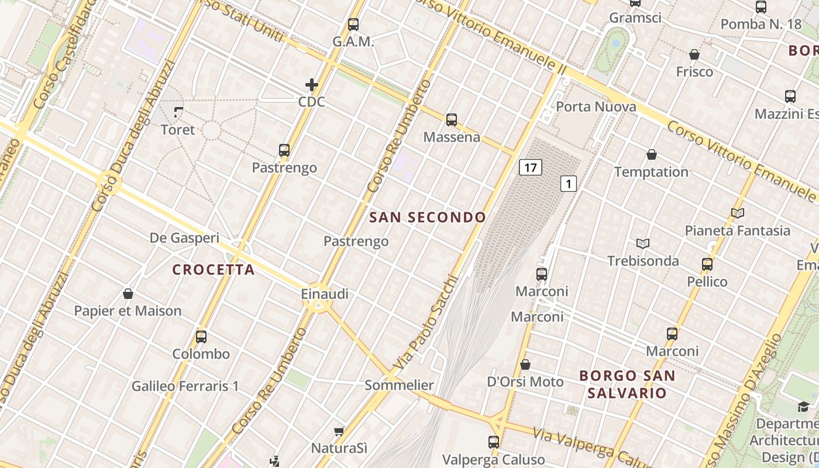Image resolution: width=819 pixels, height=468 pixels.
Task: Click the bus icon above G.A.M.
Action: tap(353, 25)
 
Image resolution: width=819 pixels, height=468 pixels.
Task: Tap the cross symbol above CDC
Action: tap(312, 85)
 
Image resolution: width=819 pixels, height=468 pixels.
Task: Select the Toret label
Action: tap(177, 129)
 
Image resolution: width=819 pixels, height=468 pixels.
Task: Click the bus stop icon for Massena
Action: tap(451, 120)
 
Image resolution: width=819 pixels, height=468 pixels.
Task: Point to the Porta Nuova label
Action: tap(596, 106)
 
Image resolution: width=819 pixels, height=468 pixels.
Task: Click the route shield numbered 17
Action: tap(530, 168)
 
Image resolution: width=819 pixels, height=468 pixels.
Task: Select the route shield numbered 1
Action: tap(569, 184)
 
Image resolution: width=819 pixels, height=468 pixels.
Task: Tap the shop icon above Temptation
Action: tap(652, 154)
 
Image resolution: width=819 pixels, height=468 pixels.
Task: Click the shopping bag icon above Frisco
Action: tap(694, 54)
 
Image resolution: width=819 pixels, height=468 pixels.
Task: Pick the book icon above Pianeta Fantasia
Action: tap(738, 214)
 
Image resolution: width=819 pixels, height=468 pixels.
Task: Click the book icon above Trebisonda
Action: tap(643, 243)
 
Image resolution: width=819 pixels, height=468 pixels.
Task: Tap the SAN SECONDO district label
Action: tap(428, 218)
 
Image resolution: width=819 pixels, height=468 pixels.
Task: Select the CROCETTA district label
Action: tap(214, 270)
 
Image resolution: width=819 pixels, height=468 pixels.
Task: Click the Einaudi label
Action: tap(325, 294)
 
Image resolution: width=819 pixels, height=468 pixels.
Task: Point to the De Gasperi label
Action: tap(184, 238)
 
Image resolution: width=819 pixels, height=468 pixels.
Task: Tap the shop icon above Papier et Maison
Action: tap(128, 294)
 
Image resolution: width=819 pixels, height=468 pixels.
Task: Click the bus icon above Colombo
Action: tap(201, 337)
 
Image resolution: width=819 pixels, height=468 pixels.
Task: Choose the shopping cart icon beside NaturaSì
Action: tap(339, 432)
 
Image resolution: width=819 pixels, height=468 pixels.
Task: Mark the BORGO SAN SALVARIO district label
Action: tap(627, 384)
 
